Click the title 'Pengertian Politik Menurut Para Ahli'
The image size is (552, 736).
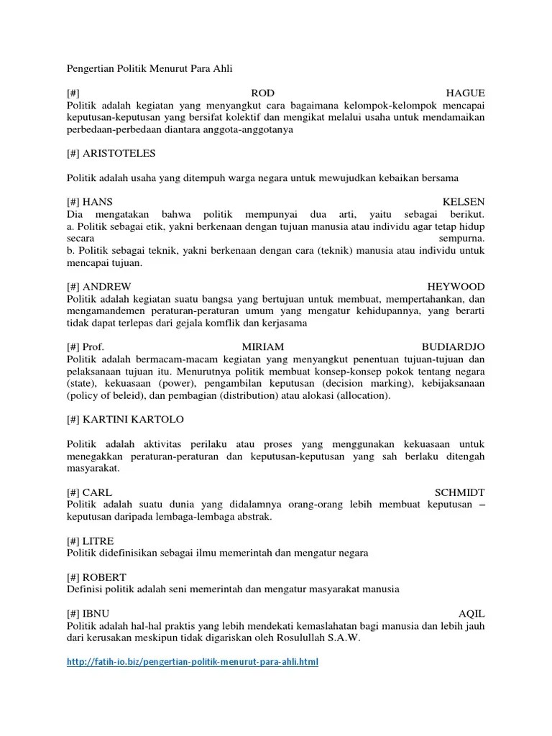150,69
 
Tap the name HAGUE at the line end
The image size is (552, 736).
466,93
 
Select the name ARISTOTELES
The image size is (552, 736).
119,153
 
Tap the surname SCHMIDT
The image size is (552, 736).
460,492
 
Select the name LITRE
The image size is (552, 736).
98,540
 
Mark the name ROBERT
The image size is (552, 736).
105,577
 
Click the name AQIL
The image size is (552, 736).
471,614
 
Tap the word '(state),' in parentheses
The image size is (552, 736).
85,383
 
